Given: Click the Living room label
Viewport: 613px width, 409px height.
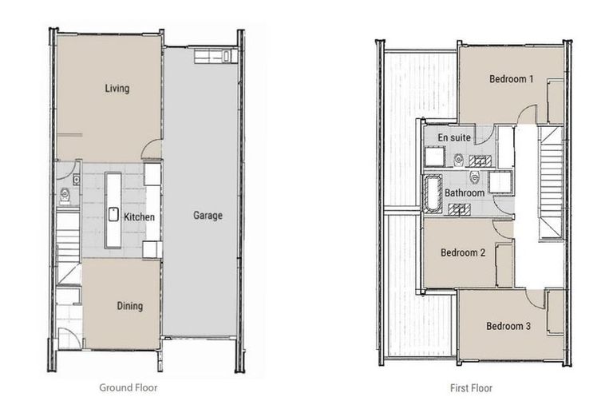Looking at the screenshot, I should click(117, 89).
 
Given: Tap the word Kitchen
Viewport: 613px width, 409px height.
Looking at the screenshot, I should click(139, 216).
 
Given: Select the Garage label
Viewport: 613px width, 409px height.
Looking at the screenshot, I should click(208, 215).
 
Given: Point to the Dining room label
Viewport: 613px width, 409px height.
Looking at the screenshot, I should click(129, 306).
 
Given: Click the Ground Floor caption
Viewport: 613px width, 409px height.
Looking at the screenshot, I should click(128, 388).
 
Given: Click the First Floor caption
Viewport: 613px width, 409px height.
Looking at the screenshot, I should click(470, 388).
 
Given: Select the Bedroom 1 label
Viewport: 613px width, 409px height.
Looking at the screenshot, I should click(511, 79).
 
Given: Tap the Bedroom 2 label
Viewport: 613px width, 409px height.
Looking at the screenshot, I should click(463, 252).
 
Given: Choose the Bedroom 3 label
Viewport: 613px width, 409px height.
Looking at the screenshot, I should click(508, 325).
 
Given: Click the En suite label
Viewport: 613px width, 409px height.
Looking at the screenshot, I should click(453, 137).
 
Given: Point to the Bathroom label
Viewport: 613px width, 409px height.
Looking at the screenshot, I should click(464, 193).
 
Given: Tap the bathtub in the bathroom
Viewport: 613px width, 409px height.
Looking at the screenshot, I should click(432, 193).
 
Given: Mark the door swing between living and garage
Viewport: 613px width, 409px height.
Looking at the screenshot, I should click(151, 149).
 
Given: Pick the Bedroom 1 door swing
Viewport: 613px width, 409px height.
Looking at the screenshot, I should click(526, 115).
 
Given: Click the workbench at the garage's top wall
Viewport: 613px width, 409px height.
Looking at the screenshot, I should click(213, 56).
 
